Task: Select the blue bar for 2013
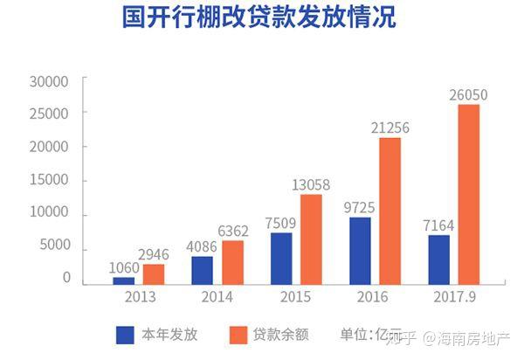click(x=124, y=280)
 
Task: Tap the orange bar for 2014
click(x=233, y=262)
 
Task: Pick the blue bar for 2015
click(x=281, y=259)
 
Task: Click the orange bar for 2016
click(x=390, y=211)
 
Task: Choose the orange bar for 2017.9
click(x=469, y=195)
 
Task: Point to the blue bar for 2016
click(x=360, y=251)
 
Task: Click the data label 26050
click(x=468, y=95)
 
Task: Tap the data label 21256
click(x=390, y=128)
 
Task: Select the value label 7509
click(x=280, y=224)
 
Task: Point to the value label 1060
click(x=124, y=267)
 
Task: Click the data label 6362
click(x=233, y=231)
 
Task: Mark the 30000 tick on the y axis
click(x=49, y=82)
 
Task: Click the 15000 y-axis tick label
click(x=49, y=180)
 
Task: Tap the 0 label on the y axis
click(x=67, y=278)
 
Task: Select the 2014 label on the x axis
click(x=217, y=297)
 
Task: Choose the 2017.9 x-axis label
click(x=454, y=297)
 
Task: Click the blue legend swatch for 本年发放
click(x=125, y=335)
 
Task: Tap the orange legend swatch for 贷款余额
click(x=238, y=335)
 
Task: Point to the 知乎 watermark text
click(x=401, y=338)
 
